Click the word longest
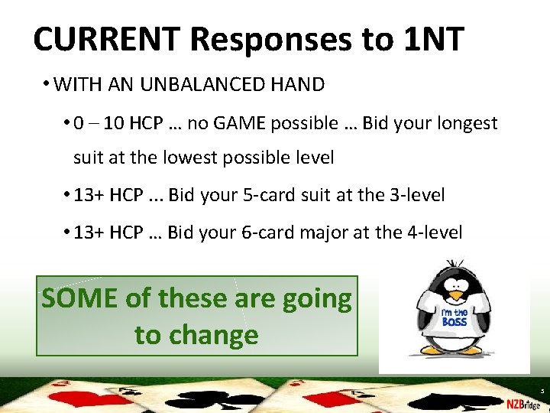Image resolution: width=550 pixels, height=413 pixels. [467, 123]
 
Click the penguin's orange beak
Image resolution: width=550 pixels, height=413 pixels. [456, 294]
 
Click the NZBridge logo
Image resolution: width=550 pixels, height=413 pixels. [522, 403]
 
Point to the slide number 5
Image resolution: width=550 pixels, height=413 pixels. [541, 390]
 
